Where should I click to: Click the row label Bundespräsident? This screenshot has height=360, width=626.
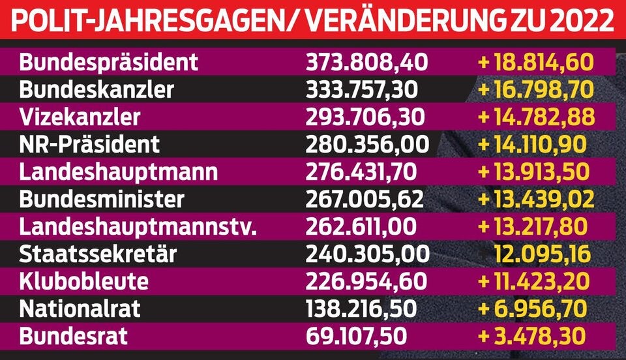pyautogui.click(x=108, y=62)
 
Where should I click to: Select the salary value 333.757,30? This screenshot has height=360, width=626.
pyautogui.click(x=366, y=89)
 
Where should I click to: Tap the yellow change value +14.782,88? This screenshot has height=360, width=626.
pyautogui.click(x=535, y=117)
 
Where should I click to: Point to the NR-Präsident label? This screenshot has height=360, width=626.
pyautogui.click(x=89, y=144)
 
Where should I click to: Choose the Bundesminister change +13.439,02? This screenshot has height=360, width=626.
pyautogui.click(x=535, y=199)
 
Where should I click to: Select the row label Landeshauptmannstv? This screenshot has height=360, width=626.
pyautogui.click(x=138, y=226)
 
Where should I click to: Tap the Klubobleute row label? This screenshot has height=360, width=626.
pyautogui.click(x=83, y=281)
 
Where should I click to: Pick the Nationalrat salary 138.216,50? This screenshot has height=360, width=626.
pyautogui.click(x=366, y=308)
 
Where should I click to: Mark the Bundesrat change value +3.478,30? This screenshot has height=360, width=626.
pyautogui.click(x=531, y=336)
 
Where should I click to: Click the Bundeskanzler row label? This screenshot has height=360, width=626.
pyautogui.click(x=97, y=89)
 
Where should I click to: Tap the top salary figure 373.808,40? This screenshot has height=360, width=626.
pyautogui.click(x=366, y=62)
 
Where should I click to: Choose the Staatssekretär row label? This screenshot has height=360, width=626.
pyautogui.click(x=98, y=254)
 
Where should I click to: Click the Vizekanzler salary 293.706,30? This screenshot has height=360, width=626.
pyautogui.click(x=366, y=117)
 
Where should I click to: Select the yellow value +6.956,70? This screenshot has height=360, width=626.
pyautogui.click(x=531, y=308)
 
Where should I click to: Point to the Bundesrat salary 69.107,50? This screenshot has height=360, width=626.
pyautogui.click(x=357, y=336)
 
